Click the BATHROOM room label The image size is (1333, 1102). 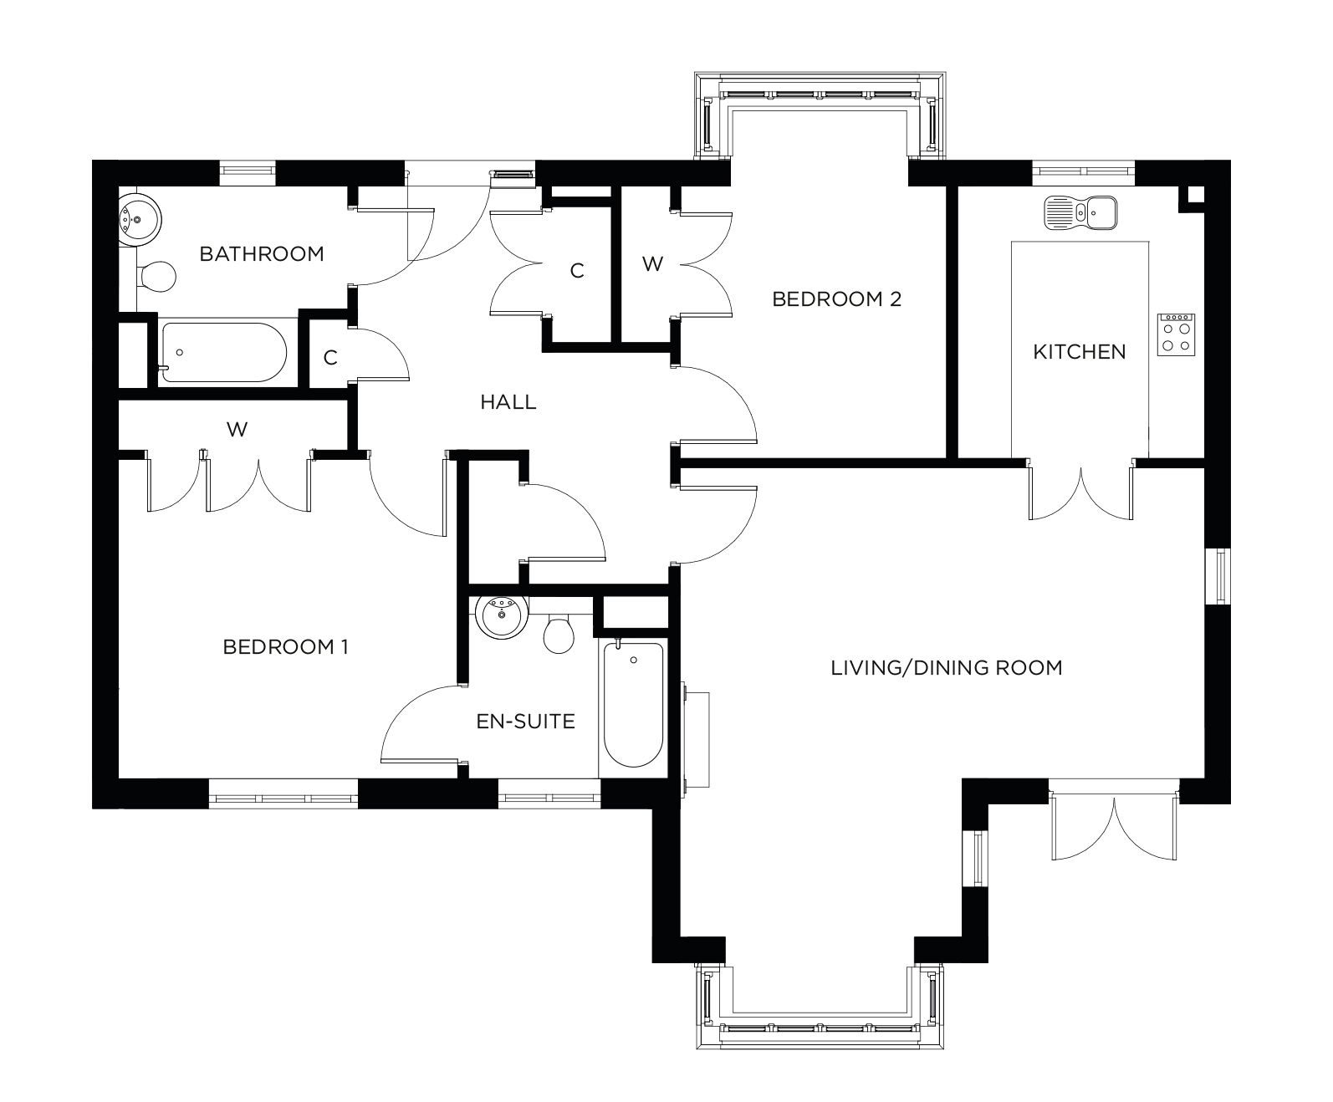click(x=261, y=254)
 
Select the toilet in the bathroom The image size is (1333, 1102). click(x=158, y=275)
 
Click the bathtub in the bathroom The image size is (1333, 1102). click(x=223, y=352)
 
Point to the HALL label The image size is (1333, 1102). click(x=508, y=403)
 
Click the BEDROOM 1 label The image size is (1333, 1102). click(x=285, y=647)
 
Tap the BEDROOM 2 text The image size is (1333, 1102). click(x=836, y=299)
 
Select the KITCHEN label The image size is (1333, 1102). click(x=1079, y=352)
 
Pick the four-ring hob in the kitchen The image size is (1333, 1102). click(x=1177, y=334)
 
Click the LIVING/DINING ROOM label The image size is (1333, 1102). click(x=946, y=668)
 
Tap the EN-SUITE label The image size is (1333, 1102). click(x=525, y=722)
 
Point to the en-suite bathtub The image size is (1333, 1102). click(x=634, y=704)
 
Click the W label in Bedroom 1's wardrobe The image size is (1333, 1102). click(x=237, y=430)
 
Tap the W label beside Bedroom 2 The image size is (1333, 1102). click(x=652, y=264)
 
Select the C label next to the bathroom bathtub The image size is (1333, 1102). click(x=330, y=358)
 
